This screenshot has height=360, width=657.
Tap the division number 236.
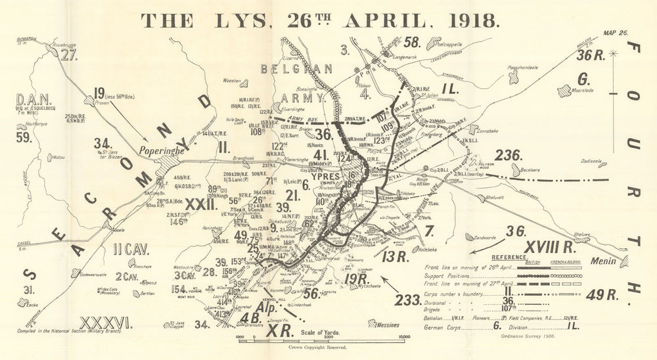point(509,156)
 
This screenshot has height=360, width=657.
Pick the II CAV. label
point(131,250)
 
